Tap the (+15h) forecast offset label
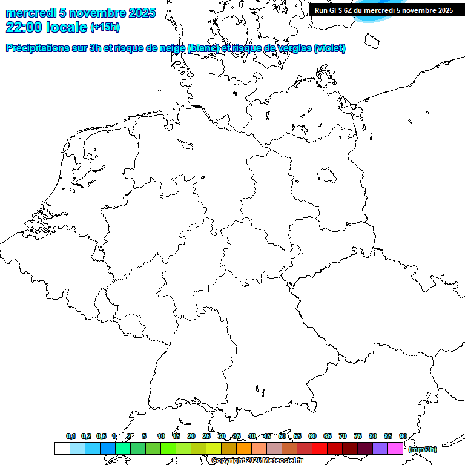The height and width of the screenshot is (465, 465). point(105,27)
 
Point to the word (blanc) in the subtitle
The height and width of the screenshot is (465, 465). point(203,48)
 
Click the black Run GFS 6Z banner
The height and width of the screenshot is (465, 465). point(383,10)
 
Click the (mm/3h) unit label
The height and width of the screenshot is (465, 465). point(422,449)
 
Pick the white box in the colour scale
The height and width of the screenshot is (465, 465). point(62,449)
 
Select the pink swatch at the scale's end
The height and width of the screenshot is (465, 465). point(395,449)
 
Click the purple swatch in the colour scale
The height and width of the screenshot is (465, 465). point(380,449)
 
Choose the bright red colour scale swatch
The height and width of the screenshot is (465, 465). point(320,449)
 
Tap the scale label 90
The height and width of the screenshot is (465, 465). point(403,436)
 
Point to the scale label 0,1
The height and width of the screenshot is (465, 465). point(71,436)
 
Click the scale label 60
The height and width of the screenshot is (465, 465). point(312,436)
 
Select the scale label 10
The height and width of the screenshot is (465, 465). point(161,436)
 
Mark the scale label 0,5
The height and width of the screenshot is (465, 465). point(101,436)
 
